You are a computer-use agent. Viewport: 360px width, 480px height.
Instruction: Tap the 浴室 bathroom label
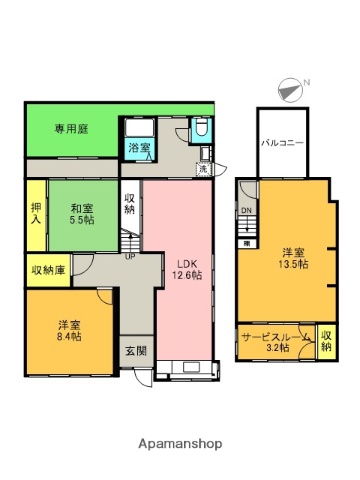(x=140, y=149)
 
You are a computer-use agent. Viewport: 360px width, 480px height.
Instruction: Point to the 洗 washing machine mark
(x=202, y=167)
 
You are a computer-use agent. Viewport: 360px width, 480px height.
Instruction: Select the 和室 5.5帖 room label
(x=82, y=213)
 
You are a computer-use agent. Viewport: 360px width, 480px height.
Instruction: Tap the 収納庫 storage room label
(x=48, y=269)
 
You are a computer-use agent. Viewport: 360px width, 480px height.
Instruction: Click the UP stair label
(x=130, y=255)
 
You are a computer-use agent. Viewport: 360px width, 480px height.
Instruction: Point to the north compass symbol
(x=290, y=89)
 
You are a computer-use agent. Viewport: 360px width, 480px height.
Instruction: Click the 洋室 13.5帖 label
(x=294, y=257)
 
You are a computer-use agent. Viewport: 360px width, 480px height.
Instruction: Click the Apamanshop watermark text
(x=179, y=443)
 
